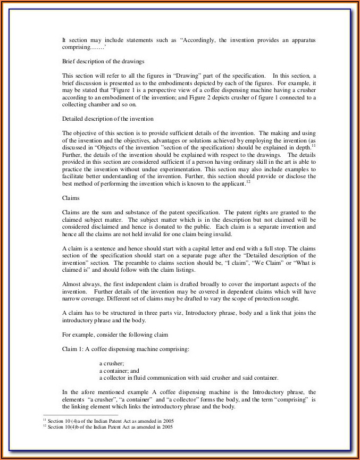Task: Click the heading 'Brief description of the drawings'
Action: click(x=103, y=62)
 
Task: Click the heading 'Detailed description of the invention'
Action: click(x=108, y=119)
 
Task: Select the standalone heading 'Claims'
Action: click(x=71, y=198)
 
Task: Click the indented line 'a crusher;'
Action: click(x=112, y=363)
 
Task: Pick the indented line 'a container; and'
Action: click(x=119, y=371)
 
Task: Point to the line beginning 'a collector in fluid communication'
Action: click(x=188, y=378)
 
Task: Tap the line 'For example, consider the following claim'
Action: click(x=115, y=334)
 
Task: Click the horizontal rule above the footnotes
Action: click(x=80, y=415)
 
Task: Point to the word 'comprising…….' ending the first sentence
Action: click(x=80, y=47)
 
